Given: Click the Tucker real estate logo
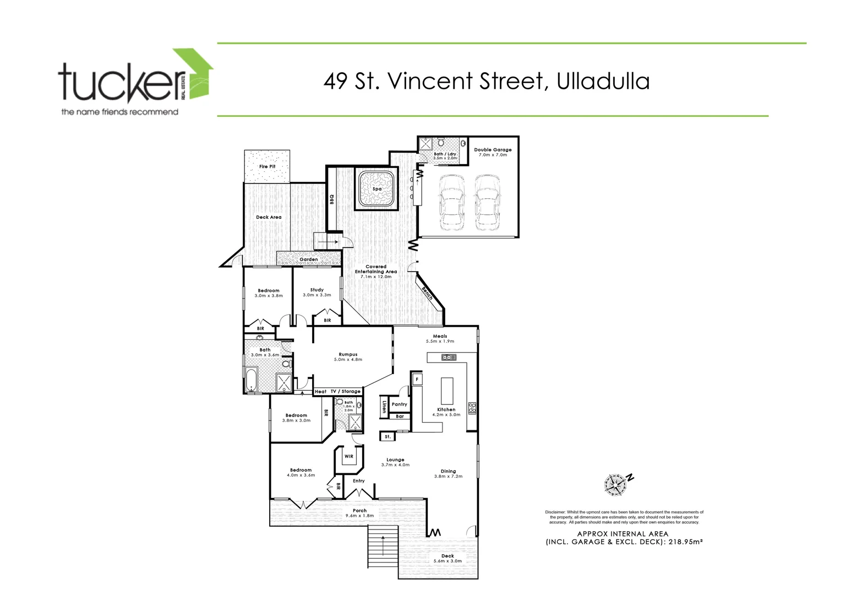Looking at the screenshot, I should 135,83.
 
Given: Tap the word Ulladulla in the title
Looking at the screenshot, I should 603,81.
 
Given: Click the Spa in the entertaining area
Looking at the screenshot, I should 377,188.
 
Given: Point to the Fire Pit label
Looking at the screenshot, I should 267,166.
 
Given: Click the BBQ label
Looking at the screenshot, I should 332,199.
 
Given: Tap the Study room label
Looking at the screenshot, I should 316,290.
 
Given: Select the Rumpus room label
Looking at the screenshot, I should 348,354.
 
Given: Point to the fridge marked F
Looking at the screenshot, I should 418,380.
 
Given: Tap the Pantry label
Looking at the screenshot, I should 399,404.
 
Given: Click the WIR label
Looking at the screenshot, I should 348,456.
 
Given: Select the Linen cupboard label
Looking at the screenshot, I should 384,407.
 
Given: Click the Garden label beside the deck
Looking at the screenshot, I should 308,259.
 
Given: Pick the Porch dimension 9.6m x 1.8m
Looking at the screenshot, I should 359,516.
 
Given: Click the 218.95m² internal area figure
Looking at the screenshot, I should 686,542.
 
